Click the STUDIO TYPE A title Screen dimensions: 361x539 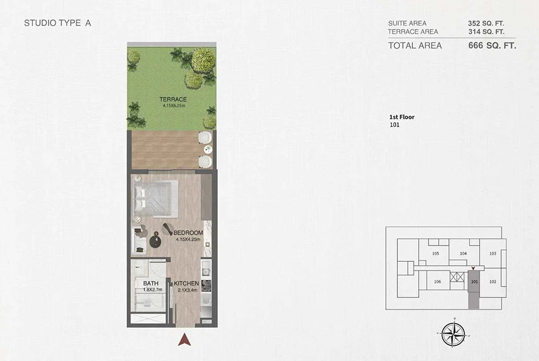pos(54,24)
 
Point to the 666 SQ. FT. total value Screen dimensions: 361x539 pos(493,46)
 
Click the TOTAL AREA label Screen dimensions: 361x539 pos(415,46)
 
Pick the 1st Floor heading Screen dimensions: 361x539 pos(402,116)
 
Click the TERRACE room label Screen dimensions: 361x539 pos(172,99)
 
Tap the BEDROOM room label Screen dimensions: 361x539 pos(188,233)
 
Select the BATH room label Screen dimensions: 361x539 pos(150,283)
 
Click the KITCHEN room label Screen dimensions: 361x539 pos(186,283)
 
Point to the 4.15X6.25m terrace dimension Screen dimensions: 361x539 pos(172,106)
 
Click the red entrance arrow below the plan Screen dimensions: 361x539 pos(185,339)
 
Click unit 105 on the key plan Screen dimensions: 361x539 pos(436,253)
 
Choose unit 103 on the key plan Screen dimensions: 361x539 pos(492,253)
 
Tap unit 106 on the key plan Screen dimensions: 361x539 pos(437,282)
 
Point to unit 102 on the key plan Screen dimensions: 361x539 pos(492,282)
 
